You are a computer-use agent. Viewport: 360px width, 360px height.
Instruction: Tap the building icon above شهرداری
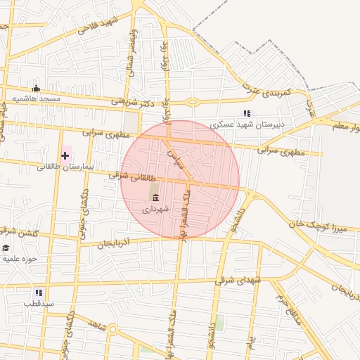tap(155, 198)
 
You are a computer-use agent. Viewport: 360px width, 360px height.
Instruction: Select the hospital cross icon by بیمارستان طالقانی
tap(65, 155)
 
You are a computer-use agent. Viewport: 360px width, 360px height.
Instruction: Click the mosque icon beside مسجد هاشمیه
tap(37, 88)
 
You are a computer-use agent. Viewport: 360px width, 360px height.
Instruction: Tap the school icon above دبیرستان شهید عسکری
tap(246, 112)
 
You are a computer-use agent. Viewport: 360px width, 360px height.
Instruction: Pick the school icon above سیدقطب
tap(39, 292)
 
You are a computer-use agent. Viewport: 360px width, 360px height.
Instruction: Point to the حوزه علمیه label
tap(20, 259)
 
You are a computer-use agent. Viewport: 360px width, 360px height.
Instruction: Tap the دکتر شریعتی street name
tap(134, 101)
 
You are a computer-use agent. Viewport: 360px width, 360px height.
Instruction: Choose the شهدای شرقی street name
tap(240, 280)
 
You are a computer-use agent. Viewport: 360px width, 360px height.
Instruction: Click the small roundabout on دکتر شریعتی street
tap(192, 102)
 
